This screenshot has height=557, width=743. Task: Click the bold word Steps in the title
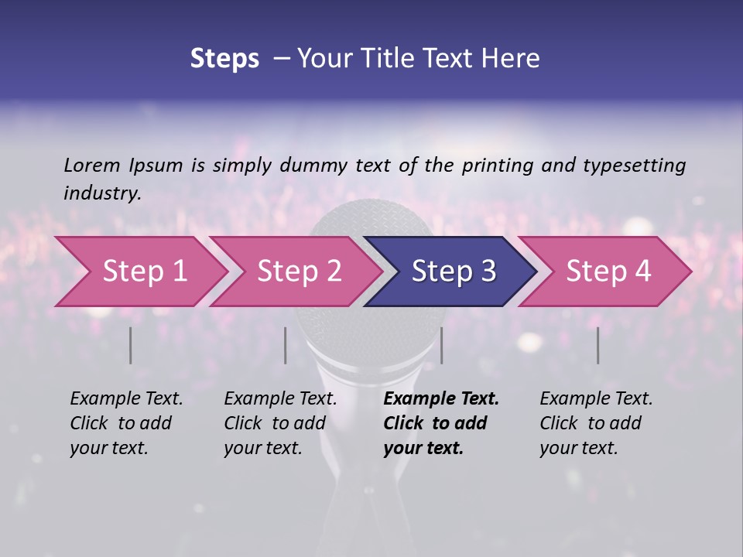click(224, 59)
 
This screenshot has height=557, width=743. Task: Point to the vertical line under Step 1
click(131, 345)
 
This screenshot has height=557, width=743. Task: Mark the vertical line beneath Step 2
click(286, 345)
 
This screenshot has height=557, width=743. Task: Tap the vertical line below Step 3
click(441, 345)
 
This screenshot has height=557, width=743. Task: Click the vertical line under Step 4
click(597, 345)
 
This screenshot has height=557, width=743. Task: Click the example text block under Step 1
click(126, 423)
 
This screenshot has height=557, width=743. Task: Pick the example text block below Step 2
click(280, 423)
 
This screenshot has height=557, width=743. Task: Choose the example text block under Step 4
click(596, 423)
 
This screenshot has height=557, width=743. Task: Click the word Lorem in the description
click(92, 165)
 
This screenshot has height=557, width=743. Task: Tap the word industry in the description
click(101, 193)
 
